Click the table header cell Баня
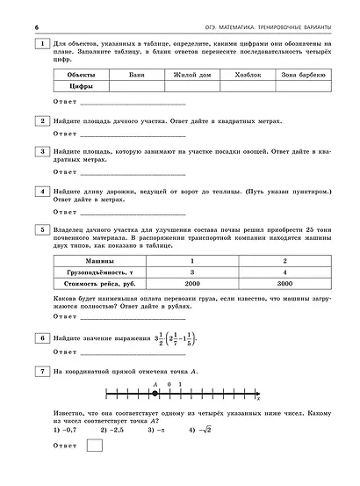(x=133, y=76)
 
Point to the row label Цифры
(x=82, y=87)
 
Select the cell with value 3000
(x=284, y=285)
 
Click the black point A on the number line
(x=155, y=393)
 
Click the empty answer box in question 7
(x=96, y=446)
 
